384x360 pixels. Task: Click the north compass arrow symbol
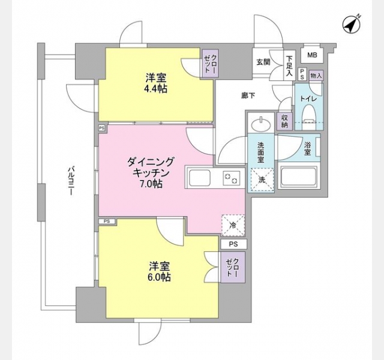tap(352, 25)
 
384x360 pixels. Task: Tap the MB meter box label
tap(312, 55)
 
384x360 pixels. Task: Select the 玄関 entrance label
tap(263, 62)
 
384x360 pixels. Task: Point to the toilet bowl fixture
tap(308, 116)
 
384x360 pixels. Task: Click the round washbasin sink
tap(261, 124)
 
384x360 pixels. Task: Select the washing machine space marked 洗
tap(262, 179)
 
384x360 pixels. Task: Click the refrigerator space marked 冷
tap(233, 226)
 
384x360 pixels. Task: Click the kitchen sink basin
tap(200, 178)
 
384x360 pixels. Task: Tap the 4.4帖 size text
tap(156, 89)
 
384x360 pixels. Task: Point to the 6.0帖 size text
tap(159, 277)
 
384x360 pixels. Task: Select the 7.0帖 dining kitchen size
tap(151, 184)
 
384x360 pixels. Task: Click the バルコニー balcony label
tap(71, 181)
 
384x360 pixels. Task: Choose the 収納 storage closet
tap(284, 121)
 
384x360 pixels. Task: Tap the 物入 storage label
tap(316, 76)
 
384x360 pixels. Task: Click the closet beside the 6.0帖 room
tap(233, 267)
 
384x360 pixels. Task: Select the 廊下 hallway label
tap(248, 96)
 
